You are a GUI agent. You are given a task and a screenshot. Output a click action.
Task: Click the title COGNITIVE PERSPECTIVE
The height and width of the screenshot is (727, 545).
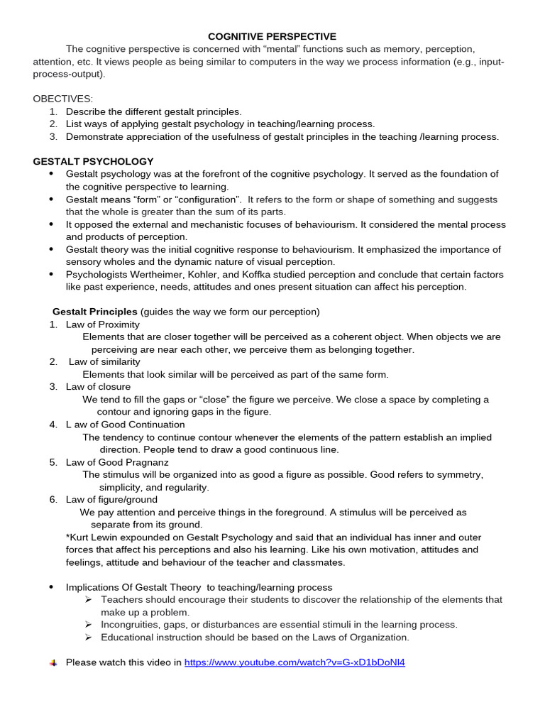[x=272, y=36]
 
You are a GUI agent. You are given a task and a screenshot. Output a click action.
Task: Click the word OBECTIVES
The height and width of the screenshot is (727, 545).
[x=62, y=99]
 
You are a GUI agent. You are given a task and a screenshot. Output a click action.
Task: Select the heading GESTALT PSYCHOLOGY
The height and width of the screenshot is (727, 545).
[x=93, y=162]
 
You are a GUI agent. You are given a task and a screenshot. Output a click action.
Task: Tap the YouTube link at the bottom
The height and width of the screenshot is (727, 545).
[x=294, y=662]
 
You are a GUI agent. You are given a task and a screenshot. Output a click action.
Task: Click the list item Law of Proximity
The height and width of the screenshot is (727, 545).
[x=103, y=324]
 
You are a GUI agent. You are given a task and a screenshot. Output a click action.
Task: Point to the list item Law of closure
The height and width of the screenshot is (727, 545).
[x=98, y=387]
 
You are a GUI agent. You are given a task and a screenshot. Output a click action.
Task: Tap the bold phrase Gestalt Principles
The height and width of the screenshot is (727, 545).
[x=95, y=312]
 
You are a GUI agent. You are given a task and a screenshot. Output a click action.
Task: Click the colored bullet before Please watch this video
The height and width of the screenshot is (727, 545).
[x=53, y=663]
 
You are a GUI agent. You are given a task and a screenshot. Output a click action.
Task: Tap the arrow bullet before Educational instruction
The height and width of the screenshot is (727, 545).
[x=89, y=638]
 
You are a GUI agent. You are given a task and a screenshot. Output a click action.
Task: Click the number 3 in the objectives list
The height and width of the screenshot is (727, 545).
[x=53, y=137]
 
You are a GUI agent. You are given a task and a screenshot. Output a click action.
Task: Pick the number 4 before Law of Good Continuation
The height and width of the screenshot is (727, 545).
[x=53, y=425]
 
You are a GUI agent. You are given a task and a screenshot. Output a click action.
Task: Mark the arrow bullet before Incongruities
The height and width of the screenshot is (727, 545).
[x=89, y=625]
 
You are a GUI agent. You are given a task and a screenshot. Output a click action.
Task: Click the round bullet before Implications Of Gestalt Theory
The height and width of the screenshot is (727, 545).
[x=51, y=587]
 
